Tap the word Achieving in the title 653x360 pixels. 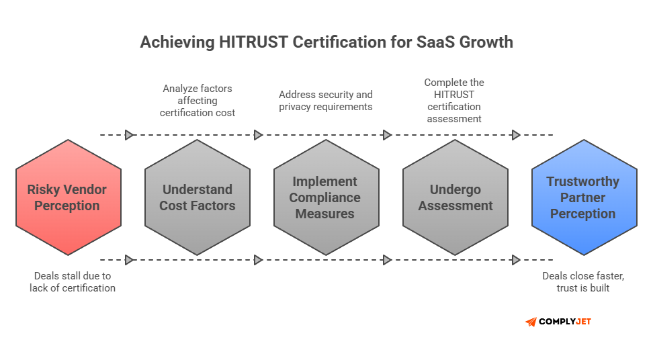(x=177, y=42)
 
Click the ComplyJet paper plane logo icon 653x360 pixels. (x=531, y=322)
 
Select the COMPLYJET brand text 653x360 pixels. (x=566, y=322)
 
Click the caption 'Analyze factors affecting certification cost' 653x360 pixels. (x=198, y=101)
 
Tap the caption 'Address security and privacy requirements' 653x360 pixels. (x=326, y=101)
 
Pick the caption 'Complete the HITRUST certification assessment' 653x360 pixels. (x=454, y=101)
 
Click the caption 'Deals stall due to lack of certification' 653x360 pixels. (x=73, y=281)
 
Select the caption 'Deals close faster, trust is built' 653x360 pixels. (x=582, y=281)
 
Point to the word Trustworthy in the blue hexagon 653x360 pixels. (x=583, y=182)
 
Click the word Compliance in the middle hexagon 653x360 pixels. (x=325, y=198)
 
